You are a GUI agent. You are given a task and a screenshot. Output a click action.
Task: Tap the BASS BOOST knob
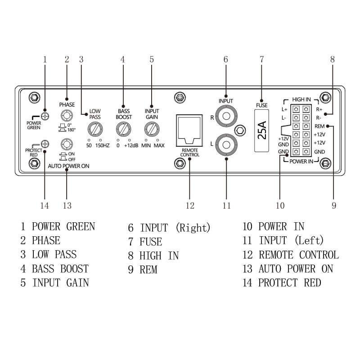click(123, 130)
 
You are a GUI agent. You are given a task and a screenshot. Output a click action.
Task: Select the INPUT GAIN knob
click(152, 130)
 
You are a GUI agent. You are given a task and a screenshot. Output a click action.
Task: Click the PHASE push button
click(67, 117)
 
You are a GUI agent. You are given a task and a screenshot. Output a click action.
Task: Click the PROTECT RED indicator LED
click(45, 144)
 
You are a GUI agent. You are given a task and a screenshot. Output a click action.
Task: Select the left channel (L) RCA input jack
click(226, 145)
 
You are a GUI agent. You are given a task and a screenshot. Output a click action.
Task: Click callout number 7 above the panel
click(262, 59)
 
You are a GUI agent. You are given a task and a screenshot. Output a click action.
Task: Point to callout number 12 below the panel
click(189, 206)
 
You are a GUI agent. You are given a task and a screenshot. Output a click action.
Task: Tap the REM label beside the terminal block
click(320, 126)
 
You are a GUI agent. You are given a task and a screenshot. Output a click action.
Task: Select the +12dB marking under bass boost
click(131, 146)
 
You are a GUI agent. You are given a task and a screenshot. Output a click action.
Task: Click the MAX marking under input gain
click(159, 146)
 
